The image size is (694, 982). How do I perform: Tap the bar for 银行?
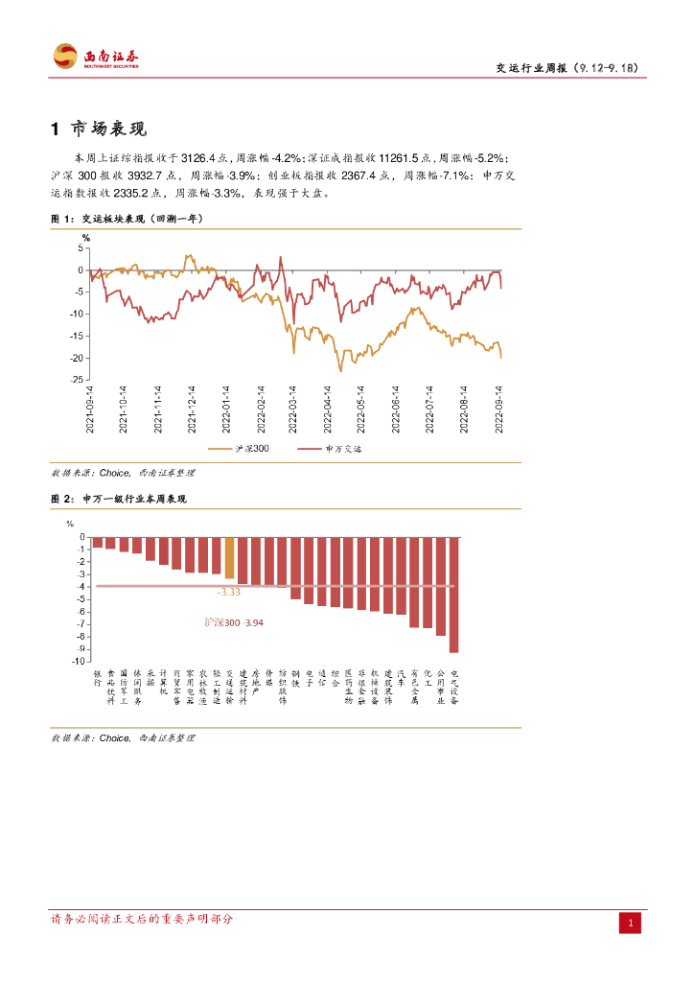[x=98, y=543]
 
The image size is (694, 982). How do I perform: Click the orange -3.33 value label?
[x=228, y=593]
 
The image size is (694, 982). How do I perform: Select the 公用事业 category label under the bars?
[x=441, y=687]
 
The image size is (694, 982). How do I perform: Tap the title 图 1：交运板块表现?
[x=127, y=219]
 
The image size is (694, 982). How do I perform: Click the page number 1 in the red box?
[x=630, y=923]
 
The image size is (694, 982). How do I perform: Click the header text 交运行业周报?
[x=532, y=68]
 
